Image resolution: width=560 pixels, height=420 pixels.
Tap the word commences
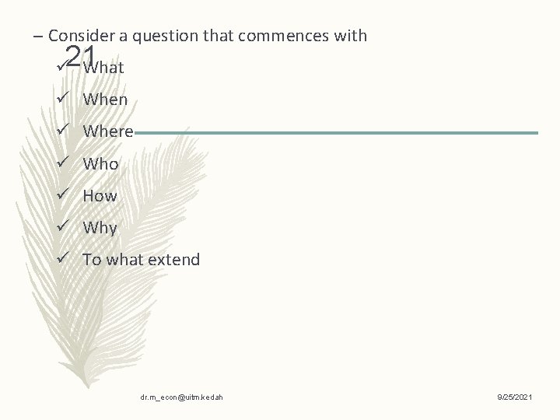click(x=294, y=36)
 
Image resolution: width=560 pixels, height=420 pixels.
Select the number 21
click(x=80, y=56)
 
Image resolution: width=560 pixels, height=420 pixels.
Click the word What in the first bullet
click(x=104, y=68)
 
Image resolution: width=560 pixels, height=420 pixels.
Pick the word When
click(x=105, y=100)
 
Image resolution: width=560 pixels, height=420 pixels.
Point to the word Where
click(x=108, y=131)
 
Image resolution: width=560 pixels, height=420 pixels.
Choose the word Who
click(x=100, y=164)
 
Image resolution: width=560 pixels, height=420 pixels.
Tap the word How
click(x=100, y=196)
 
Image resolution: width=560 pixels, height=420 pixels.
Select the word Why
click(x=100, y=228)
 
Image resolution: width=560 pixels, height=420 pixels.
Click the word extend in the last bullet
click(x=174, y=260)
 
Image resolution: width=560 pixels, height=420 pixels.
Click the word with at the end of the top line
click(x=351, y=36)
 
